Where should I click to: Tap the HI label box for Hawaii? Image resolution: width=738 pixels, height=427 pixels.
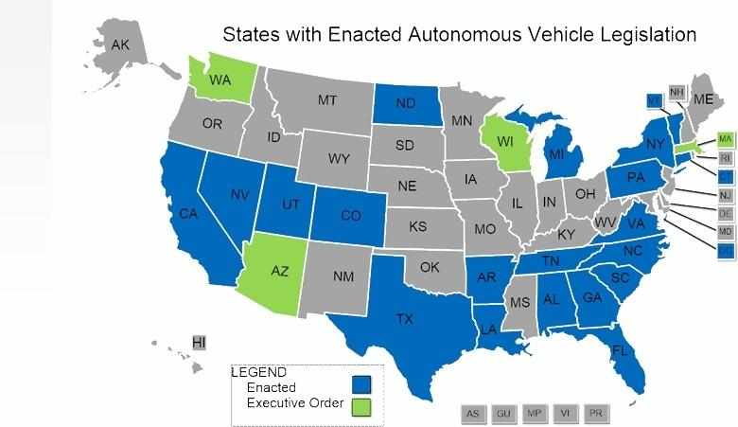(199, 341)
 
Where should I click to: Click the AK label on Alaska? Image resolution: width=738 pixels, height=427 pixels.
(120, 44)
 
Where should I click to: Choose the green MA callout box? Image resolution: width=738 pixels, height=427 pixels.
(726, 139)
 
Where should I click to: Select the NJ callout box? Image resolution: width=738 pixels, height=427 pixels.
(726, 195)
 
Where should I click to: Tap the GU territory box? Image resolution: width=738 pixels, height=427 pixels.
(504, 414)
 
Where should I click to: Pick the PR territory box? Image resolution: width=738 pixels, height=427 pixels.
(596, 414)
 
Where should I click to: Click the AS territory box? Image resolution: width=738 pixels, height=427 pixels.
(473, 414)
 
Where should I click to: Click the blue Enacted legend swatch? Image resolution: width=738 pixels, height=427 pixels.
(360, 384)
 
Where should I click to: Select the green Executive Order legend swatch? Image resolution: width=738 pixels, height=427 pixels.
(360, 406)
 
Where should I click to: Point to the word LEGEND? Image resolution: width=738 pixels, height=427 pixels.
(260, 372)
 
